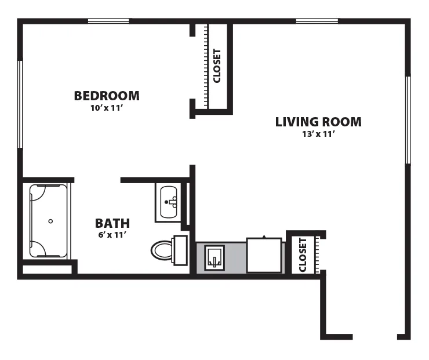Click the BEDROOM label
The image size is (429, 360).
(x=107, y=96)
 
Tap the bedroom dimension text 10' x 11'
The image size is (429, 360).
(x=106, y=108)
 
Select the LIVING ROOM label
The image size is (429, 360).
(x=318, y=122)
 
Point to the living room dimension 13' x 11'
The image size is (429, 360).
(x=319, y=134)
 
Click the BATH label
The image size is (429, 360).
(x=112, y=224)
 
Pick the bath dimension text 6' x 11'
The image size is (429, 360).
(x=112, y=235)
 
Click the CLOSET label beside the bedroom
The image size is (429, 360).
(x=217, y=66)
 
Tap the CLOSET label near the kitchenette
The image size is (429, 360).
(x=303, y=255)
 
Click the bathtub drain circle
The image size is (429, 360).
(x=50, y=221)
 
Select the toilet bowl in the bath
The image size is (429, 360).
(x=161, y=250)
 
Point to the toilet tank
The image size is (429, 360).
(x=180, y=250)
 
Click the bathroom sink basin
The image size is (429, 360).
(x=169, y=202)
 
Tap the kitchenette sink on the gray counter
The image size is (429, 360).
(x=214, y=258)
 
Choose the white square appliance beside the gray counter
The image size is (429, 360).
(x=264, y=255)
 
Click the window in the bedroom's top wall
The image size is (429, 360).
(x=108, y=21)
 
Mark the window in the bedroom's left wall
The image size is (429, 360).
(x=20, y=104)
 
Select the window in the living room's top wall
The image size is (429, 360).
(x=317, y=21)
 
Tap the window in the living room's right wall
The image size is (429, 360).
(x=408, y=120)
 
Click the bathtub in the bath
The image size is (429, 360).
(x=48, y=221)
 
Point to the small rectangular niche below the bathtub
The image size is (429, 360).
(x=47, y=269)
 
